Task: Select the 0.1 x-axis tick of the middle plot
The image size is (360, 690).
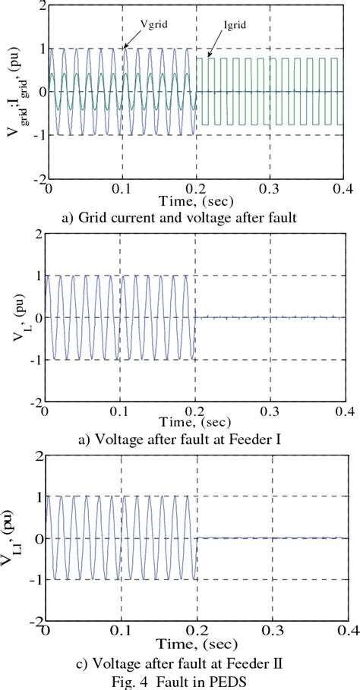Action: (x=119, y=412)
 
